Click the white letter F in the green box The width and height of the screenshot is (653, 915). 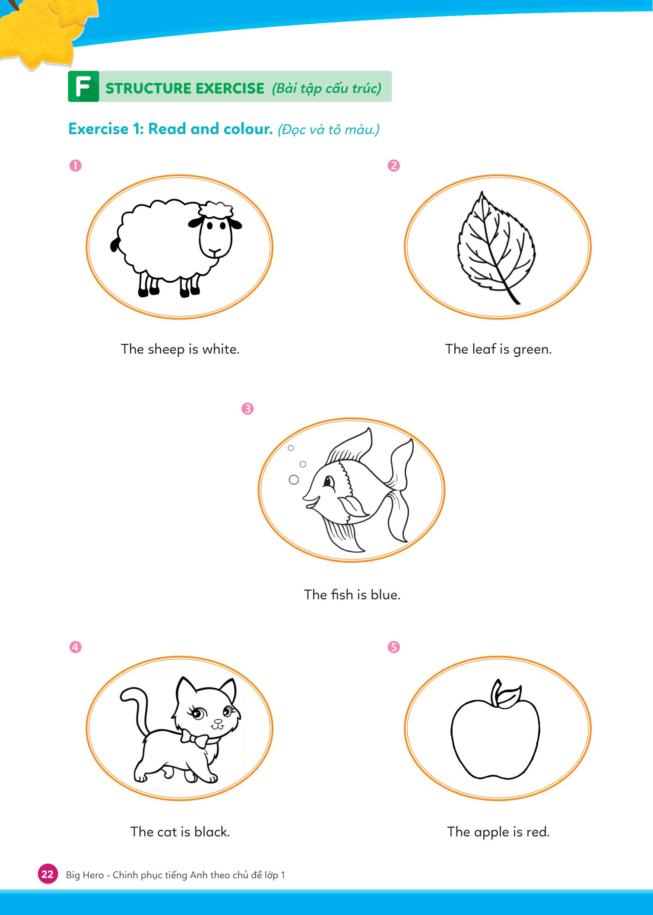pyautogui.click(x=83, y=86)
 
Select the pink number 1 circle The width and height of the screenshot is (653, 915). pyautogui.click(x=76, y=165)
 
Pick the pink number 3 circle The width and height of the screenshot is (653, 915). pyautogui.click(x=247, y=408)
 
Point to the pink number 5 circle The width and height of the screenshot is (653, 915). pyautogui.click(x=393, y=647)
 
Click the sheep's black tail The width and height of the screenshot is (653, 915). pyautogui.click(x=115, y=244)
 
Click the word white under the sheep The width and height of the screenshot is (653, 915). pyautogui.click(x=221, y=349)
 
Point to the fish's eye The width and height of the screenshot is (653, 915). pyautogui.click(x=329, y=481)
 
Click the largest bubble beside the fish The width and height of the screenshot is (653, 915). pyautogui.click(x=294, y=479)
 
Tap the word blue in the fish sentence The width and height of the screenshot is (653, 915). pyautogui.click(x=385, y=595)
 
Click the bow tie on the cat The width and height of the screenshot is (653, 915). pyautogui.click(x=193, y=738)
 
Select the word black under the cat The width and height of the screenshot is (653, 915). pyautogui.click(x=212, y=832)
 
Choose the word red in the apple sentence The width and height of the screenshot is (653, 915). pyautogui.click(x=538, y=832)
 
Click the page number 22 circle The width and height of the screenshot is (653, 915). pyautogui.click(x=48, y=874)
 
